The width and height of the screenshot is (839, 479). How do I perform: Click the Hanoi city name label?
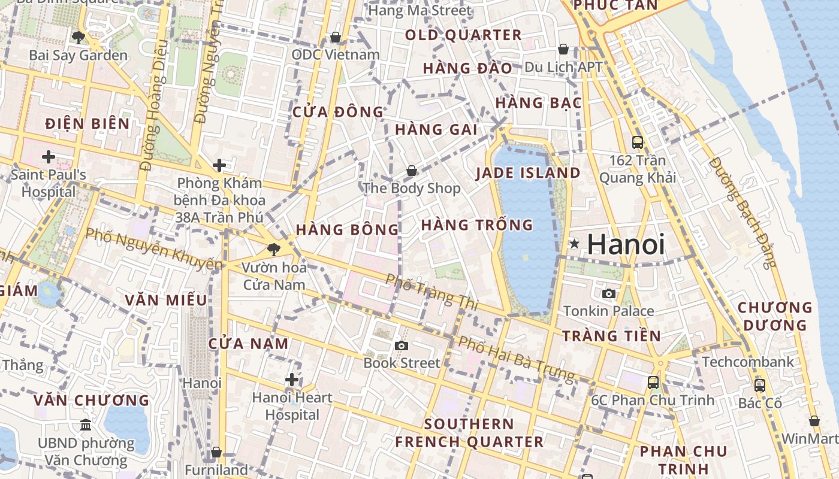pos(626,244)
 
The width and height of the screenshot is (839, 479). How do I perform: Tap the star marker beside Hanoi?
pos(575,244)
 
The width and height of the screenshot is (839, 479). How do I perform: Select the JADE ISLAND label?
pos(528,173)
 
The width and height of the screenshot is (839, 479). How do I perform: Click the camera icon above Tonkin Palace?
pos(609,293)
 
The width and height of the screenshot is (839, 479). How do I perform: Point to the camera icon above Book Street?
pos(402,345)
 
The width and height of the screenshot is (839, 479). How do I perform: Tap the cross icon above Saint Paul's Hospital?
pos(49,157)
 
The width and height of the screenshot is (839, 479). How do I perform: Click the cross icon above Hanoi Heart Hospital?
pos(292,380)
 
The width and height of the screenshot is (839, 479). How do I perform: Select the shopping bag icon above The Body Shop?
pos(412,171)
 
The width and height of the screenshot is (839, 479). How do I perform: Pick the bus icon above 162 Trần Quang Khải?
pos(638,143)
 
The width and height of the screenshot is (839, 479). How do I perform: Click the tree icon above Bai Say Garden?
pos(78,38)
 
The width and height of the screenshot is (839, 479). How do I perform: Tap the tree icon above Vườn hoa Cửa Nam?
pos(274,249)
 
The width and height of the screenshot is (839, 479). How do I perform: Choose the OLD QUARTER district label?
pos(463,35)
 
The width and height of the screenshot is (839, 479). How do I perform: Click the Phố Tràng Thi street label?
pos(431,292)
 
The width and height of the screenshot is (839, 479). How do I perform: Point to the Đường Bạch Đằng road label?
pos(742,213)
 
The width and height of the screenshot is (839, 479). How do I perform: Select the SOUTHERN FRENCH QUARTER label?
pos(469,433)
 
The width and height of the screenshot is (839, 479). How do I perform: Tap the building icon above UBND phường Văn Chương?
pos(86,425)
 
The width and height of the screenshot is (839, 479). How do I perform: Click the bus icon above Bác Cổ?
pos(760,385)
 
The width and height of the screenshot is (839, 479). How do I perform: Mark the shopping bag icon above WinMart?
pos(814,422)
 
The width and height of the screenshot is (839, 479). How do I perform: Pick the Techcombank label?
pos(748,362)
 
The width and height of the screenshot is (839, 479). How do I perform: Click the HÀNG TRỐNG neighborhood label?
pos(477,225)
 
